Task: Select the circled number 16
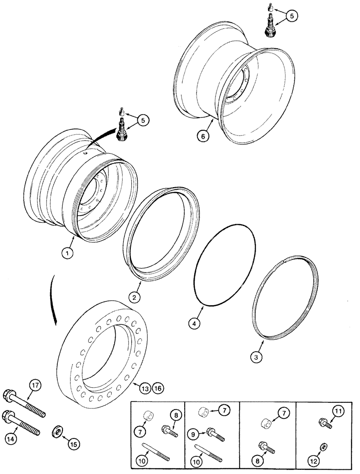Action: point(157,388)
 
